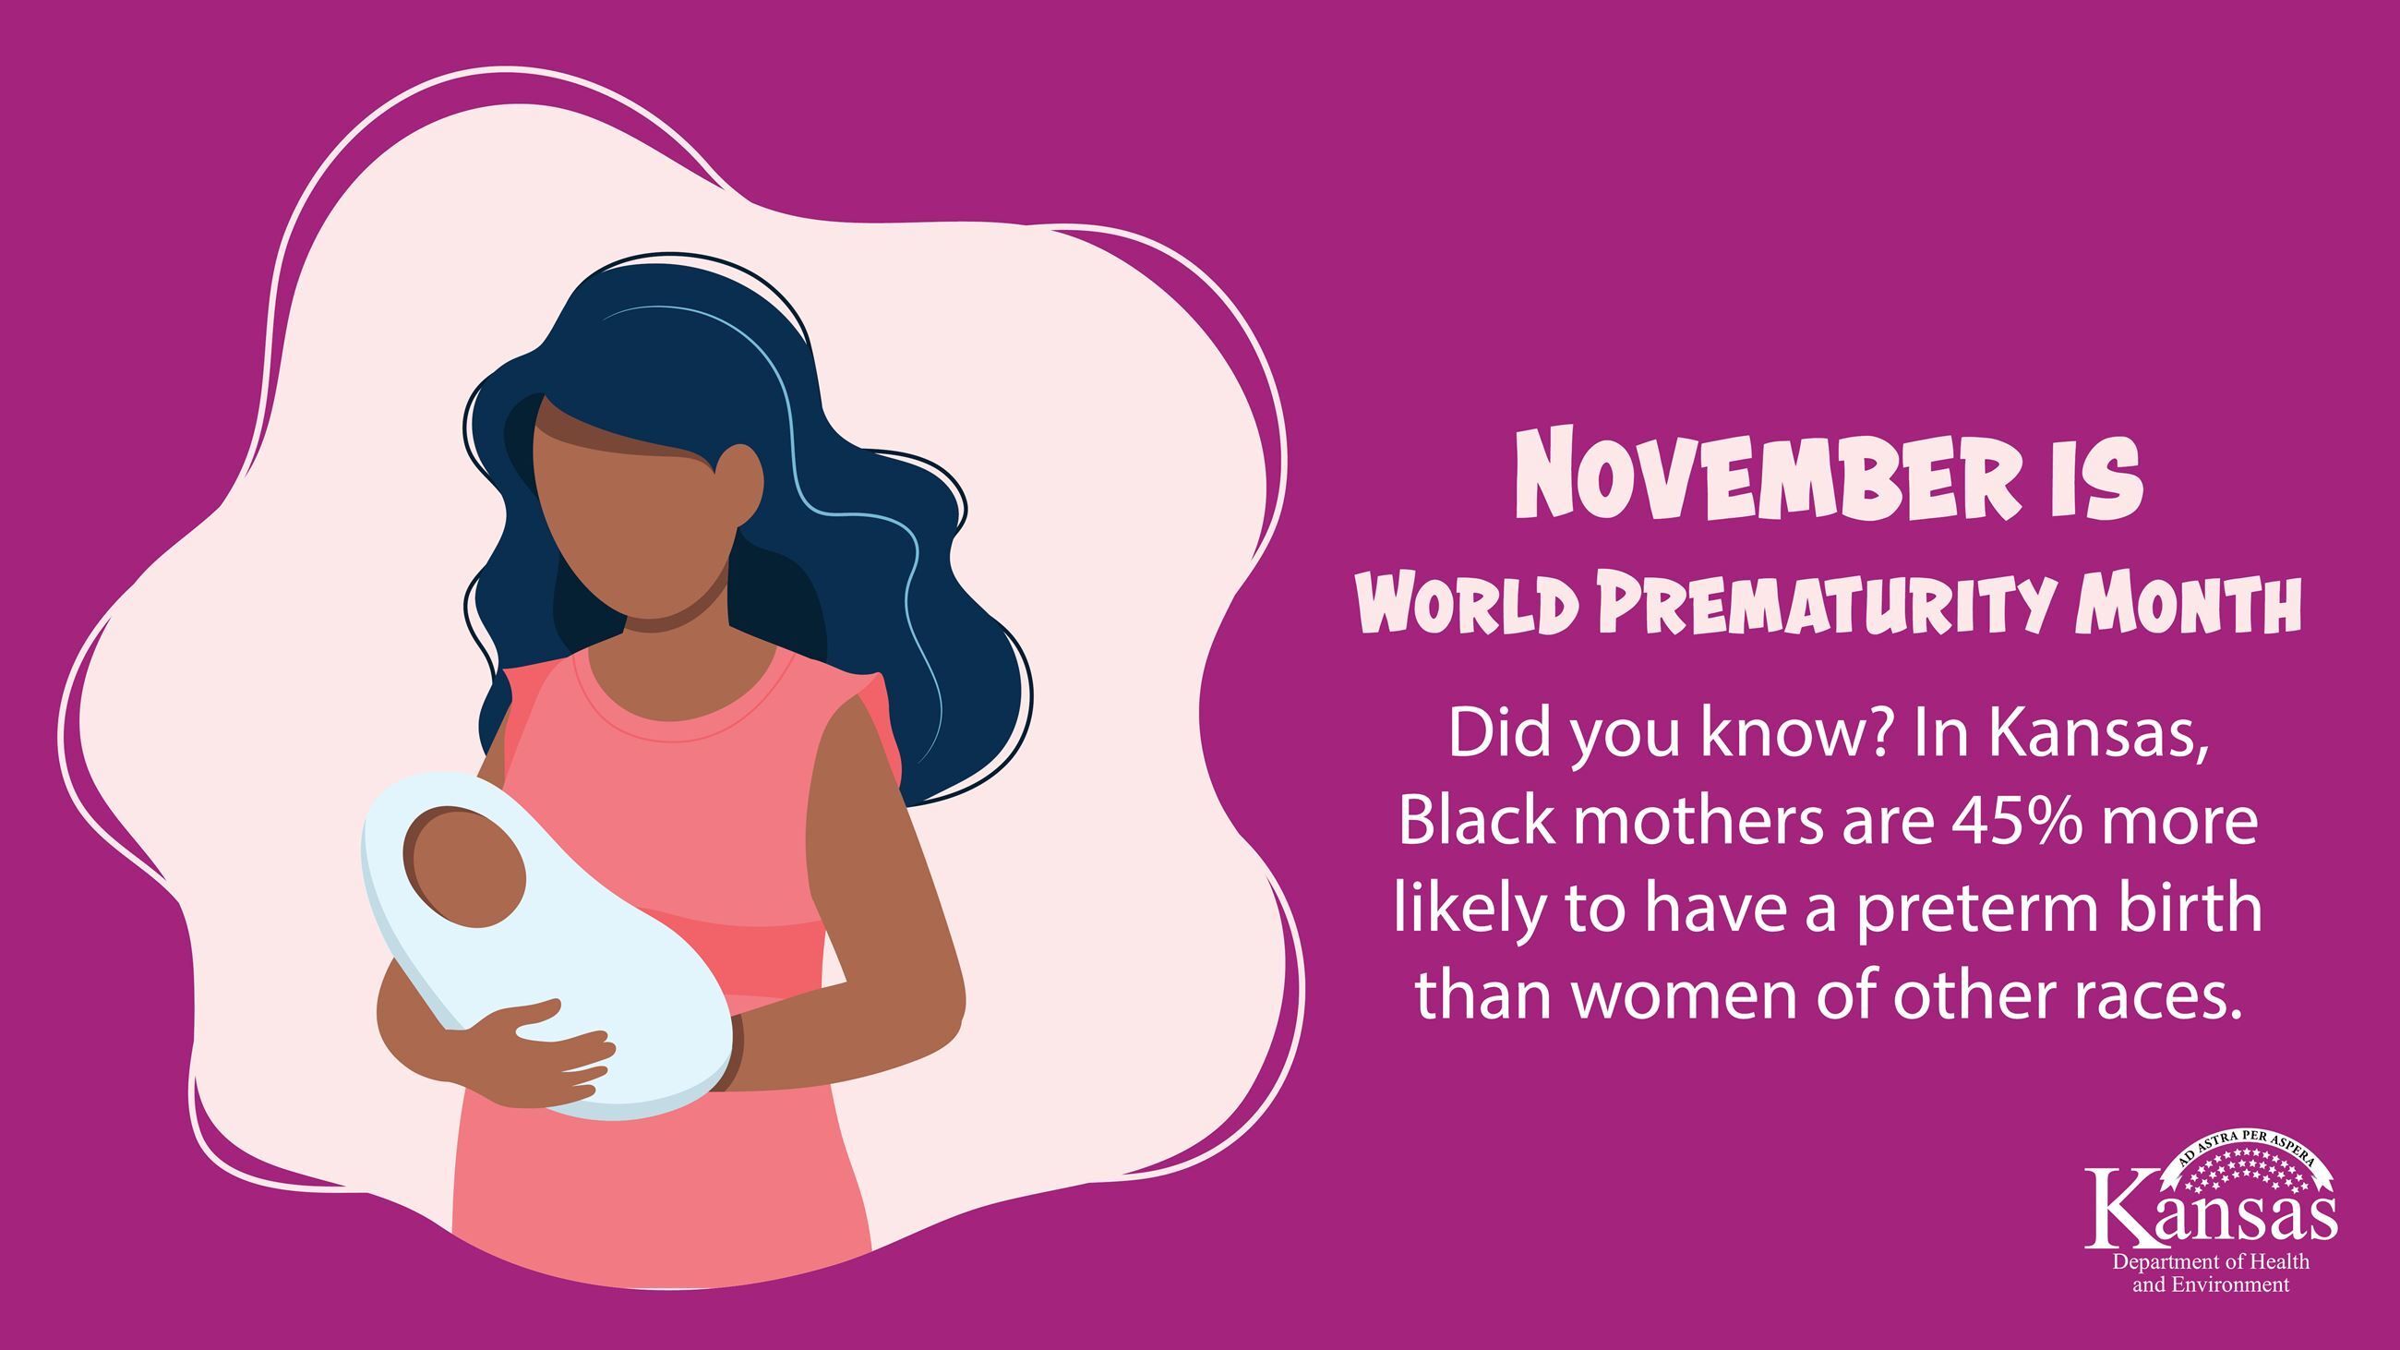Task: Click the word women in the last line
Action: tap(1690, 996)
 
